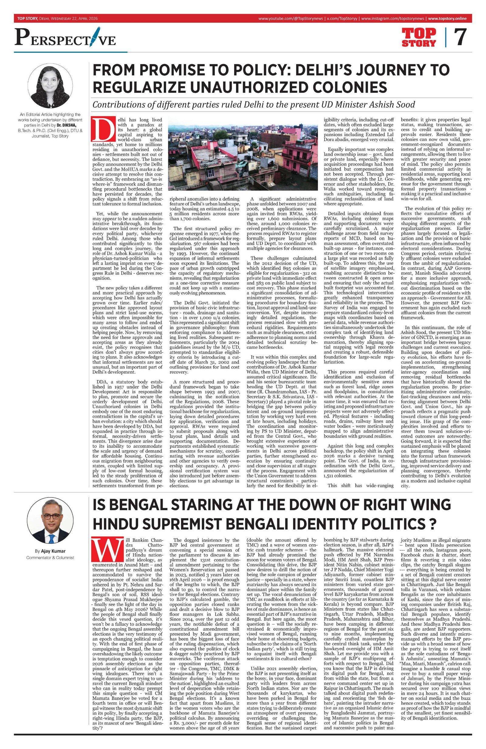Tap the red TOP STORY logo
419,37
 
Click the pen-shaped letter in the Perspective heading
94,39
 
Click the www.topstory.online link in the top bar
447,19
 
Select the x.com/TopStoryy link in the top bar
342,19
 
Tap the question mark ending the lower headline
432,524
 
